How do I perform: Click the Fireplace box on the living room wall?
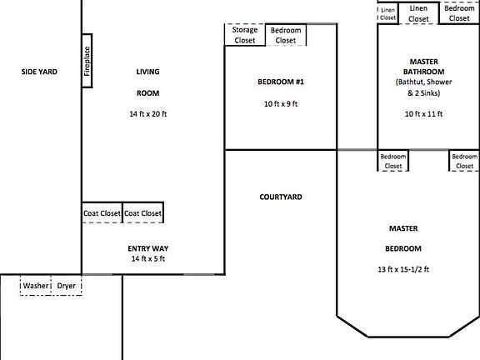point(87,60)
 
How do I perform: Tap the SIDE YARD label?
point(39,72)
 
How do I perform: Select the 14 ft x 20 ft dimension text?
point(147,113)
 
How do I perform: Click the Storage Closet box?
point(245,35)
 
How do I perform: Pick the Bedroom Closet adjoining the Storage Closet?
point(286,35)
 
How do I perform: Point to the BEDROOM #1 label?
point(281,82)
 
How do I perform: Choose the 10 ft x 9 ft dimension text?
point(281,104)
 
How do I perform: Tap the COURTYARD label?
point(281,197)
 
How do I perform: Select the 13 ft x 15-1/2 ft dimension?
point(402,270)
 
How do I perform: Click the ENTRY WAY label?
point(147,248)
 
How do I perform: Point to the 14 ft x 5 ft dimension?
point(147,259)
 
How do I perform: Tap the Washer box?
point(36,286)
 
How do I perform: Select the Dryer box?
point(67,286)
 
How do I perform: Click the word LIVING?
point(147,72)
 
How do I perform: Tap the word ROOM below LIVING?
point(147,92)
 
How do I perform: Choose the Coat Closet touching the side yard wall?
point(102,213)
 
